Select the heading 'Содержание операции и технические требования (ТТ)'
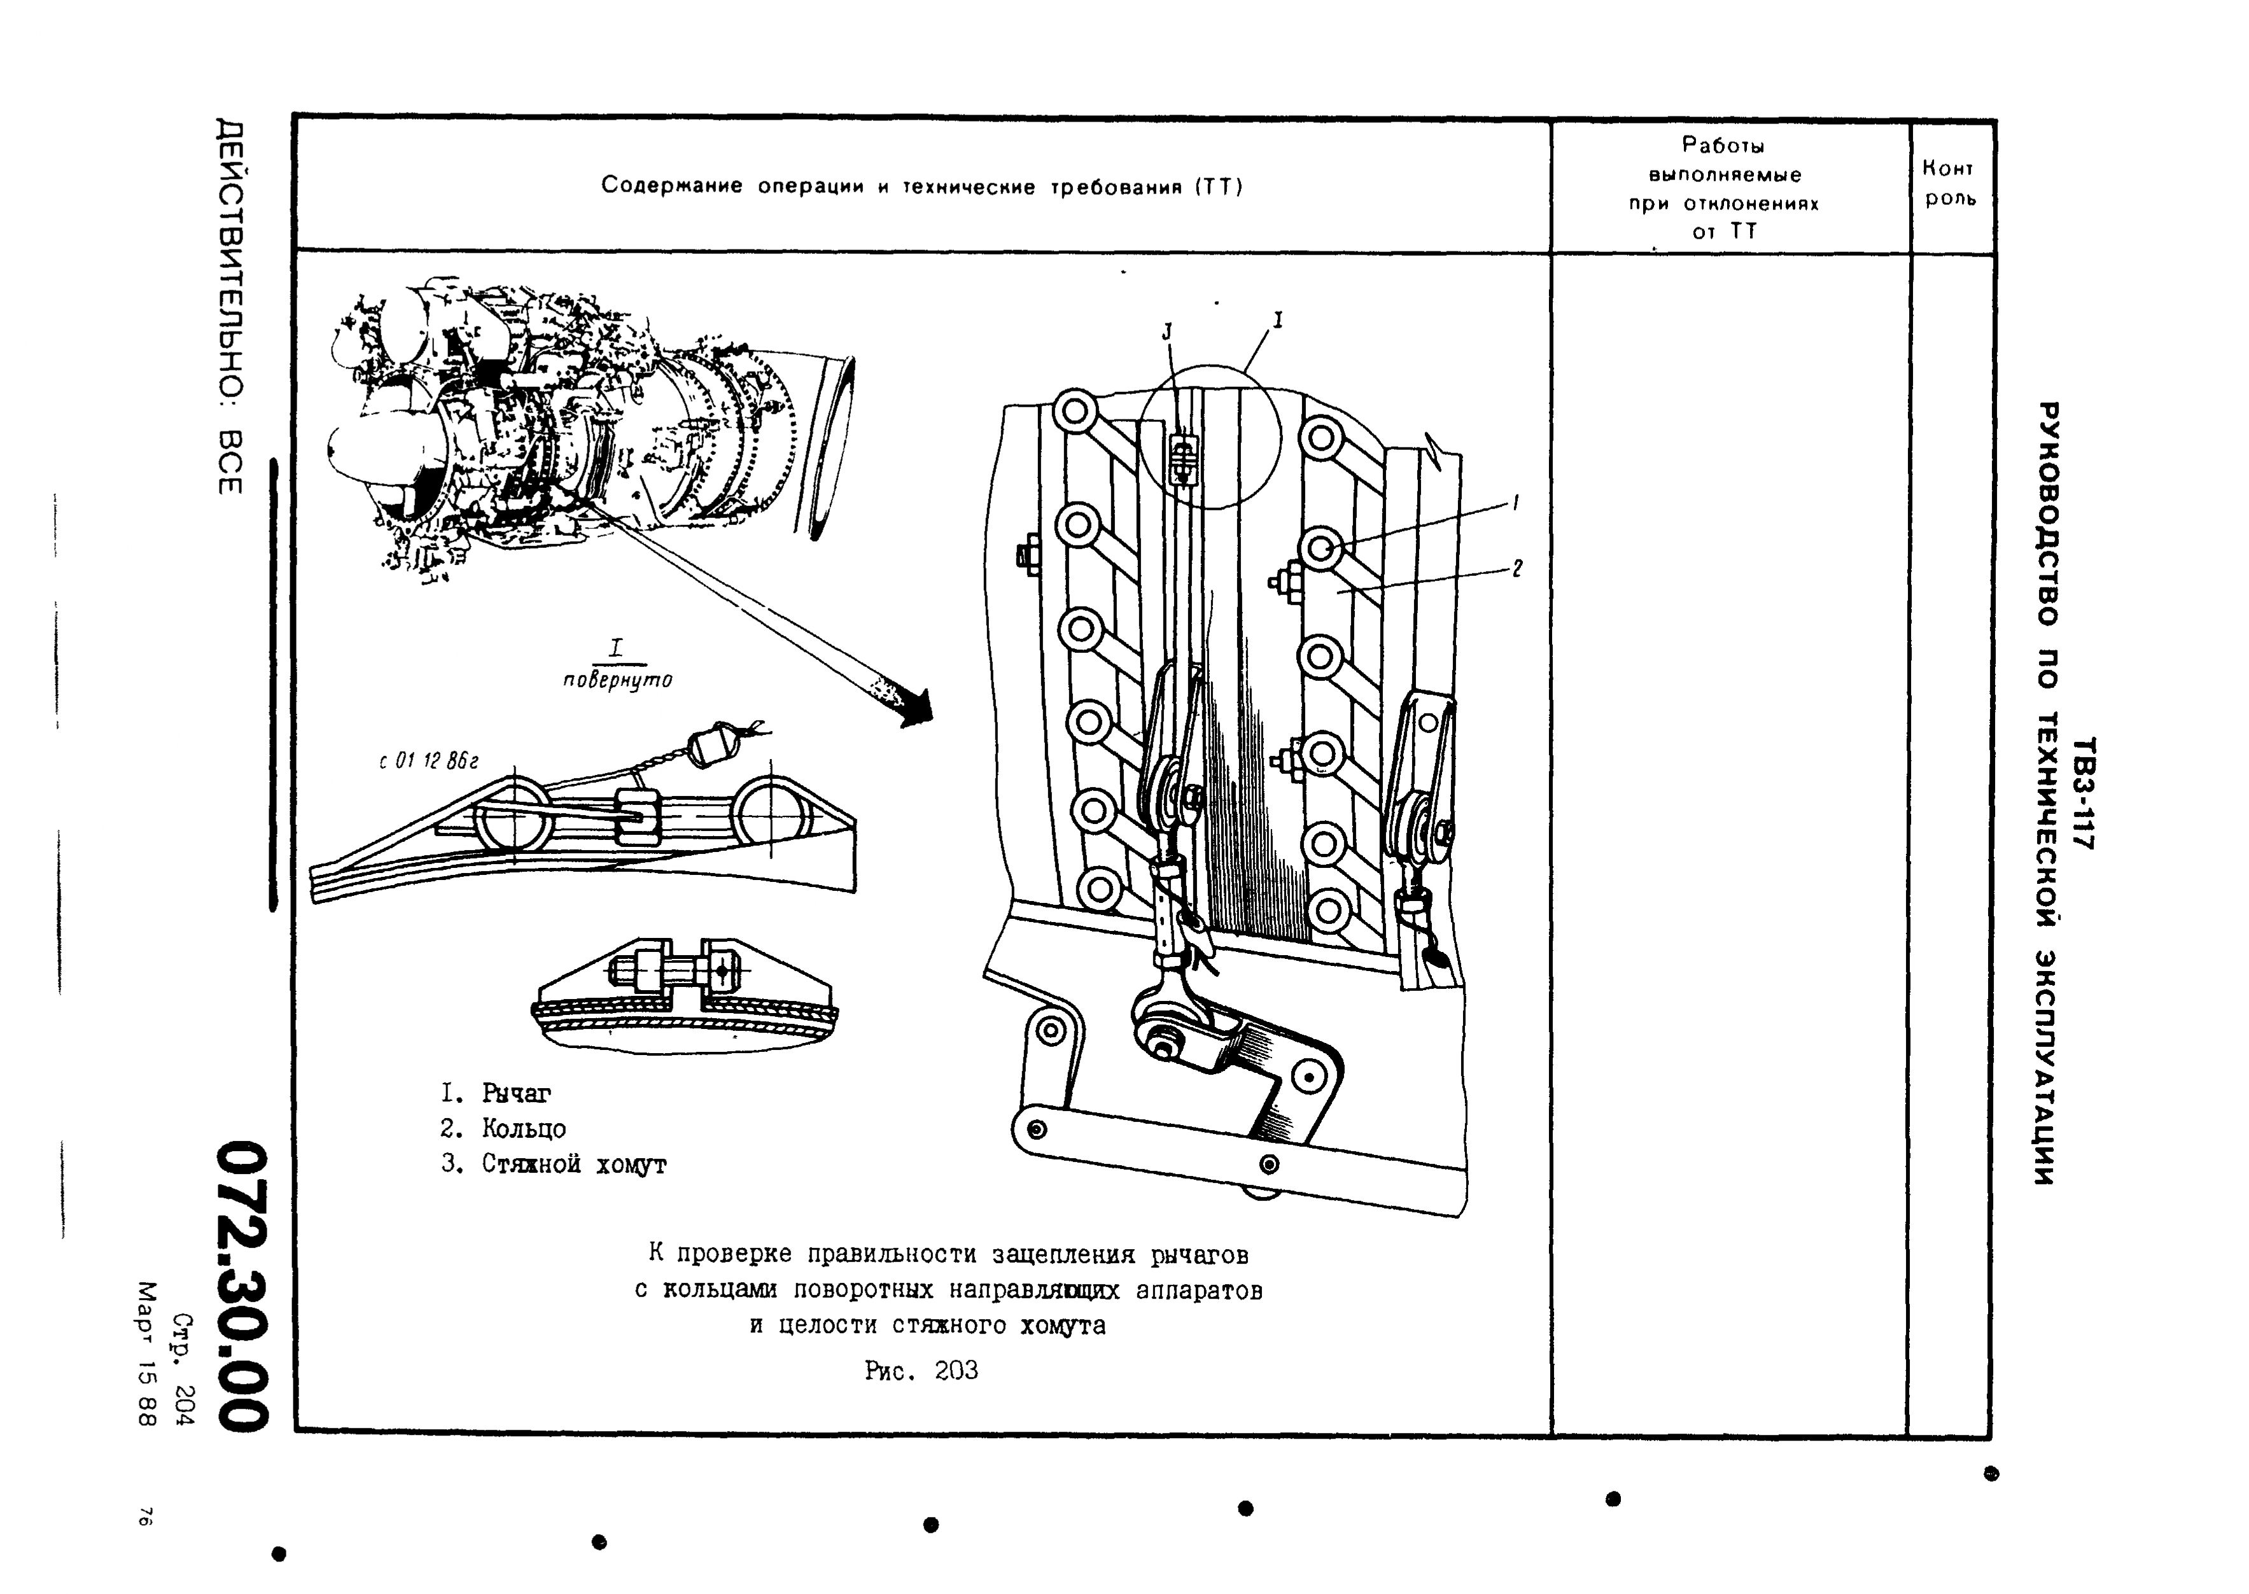coord(921,186)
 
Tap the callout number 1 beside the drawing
coord(1516,503)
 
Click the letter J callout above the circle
coord(1167,333)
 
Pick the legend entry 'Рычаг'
coord(515,1093)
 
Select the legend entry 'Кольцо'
coord(523,1129)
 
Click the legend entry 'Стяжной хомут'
coord(573,1164)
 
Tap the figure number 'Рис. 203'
coord(921,1370)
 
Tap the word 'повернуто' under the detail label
coord(617,679)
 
